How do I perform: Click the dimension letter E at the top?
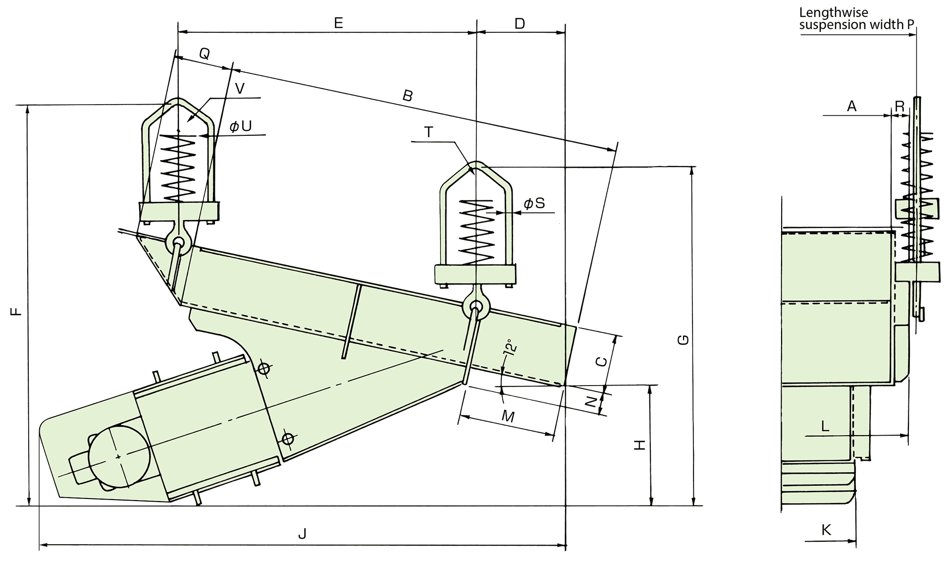338,23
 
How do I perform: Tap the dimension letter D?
520,23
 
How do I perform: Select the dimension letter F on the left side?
17,311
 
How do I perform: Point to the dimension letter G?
683,340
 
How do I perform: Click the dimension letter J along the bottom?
303,534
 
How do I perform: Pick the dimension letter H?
640,445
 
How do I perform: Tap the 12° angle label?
511,347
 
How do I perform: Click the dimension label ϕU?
241,126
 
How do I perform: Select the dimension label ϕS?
534,203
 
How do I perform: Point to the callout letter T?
429,132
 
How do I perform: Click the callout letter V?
240,89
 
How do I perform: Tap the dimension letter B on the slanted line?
407,96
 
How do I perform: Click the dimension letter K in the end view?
826,530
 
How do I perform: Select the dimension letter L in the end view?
825,426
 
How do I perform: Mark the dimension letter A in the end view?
851,106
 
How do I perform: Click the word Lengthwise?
834,12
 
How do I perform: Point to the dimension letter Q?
205,54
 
